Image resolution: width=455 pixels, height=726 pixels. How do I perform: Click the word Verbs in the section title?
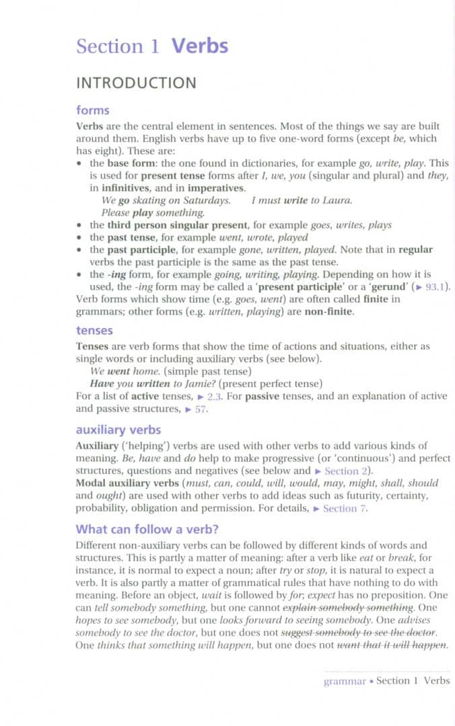pyautogui.click(x=200, y=46)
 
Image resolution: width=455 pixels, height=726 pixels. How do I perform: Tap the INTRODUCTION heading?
pyautogui.click(x=136, y=83)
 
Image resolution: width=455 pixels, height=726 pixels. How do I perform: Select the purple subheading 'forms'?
pyautogui.click(x=93, y=110)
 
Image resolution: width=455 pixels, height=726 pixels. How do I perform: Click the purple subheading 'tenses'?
pyautogui.click(x=94, y=331)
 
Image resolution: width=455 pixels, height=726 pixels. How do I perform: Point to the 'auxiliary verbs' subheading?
pyautogui.click(x=118, y=430)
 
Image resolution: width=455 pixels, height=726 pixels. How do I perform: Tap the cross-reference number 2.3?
pyautogui.click(x=214, y=396)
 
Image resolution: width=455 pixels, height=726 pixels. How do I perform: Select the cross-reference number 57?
pyautogui.click(x=200, y=409)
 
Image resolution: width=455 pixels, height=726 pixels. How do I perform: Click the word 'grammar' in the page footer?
pyautogui.click(x=345, y=681)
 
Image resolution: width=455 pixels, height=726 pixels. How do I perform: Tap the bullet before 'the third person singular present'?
pyautogui.click(x=80, y=225)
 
